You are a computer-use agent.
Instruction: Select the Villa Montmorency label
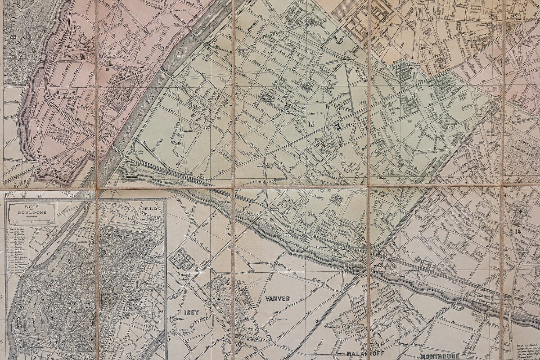tap(75, 47)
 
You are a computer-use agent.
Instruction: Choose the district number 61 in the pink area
tap(108, 70)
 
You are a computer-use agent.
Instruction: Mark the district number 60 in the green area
tap(220, 118)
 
